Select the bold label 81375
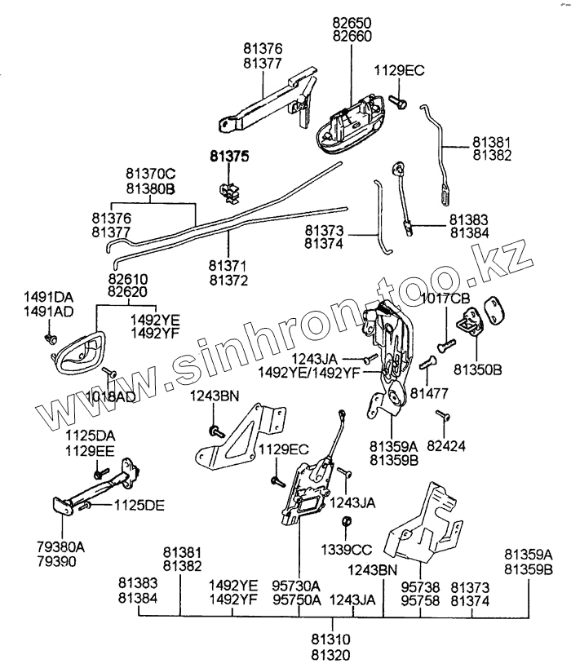[228, 155]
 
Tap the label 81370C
[151, 175]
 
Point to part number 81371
[228, 267]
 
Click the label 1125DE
[139, 505]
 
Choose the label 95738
[420, 586]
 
